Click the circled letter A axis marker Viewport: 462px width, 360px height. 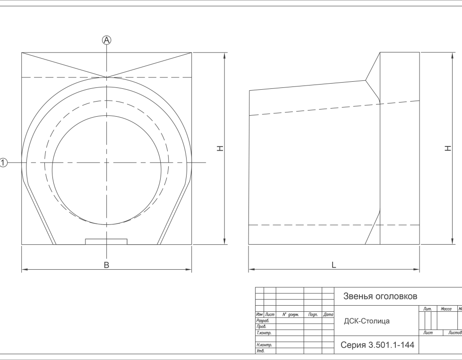coord(107,40)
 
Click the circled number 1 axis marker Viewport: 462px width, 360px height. coord(3,163)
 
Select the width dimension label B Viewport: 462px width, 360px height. coord(107,265)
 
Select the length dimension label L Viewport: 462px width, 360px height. coord(334,265)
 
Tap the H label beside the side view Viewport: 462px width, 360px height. coord(448,148)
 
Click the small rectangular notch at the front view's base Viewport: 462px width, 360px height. coord(106,241)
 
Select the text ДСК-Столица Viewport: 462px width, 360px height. coord(367,321)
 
